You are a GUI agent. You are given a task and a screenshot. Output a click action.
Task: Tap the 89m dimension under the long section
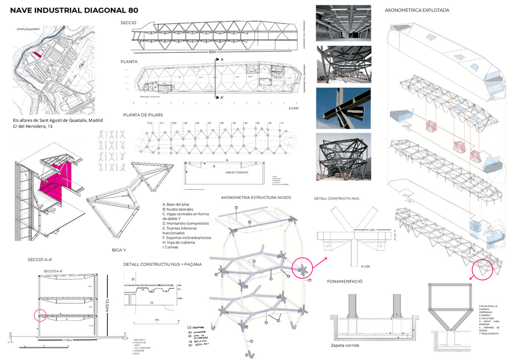213,52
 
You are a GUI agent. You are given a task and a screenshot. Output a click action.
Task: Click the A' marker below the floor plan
221,97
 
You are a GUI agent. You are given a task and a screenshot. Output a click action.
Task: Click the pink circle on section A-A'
40,316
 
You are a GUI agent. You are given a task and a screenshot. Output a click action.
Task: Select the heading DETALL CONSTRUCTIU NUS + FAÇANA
162,264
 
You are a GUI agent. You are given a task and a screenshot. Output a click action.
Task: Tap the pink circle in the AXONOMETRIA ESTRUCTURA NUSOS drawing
303,269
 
